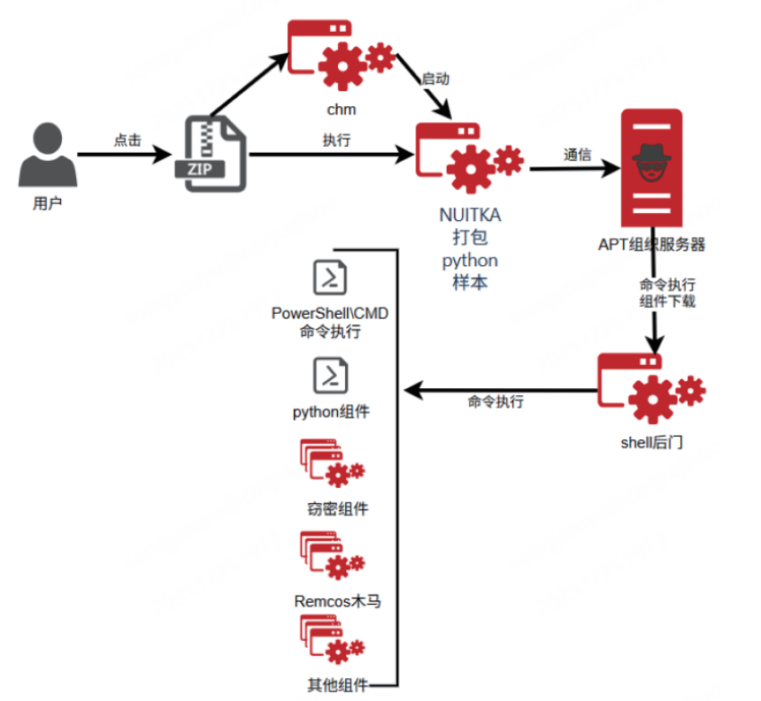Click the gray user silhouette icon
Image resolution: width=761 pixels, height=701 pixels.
[x=48, y=154]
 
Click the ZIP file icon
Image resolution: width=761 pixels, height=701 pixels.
[x=211, y=154]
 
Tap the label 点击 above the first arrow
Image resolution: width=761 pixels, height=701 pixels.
[x=127, y=140]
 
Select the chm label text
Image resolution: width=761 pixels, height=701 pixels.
[x=342, y=110]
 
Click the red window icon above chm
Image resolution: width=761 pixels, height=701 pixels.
[x=342, y=54]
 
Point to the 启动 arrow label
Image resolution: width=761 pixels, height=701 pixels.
[x=435, y=79]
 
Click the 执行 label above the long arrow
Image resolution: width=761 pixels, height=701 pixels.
[x=336, y=140]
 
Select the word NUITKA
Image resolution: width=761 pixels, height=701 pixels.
[x=470, y=215]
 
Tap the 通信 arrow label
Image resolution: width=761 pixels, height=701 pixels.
[x=578, y=155]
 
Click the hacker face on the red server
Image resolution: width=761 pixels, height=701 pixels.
[x=651, y=163]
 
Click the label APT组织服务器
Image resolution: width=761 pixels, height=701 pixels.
[x=651, y=244]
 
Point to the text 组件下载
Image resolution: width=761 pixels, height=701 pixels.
[x=667, y=301]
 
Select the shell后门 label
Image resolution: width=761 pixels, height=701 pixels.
[x=651, y=442]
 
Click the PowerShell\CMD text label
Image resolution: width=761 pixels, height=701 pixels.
[x=330, y=313]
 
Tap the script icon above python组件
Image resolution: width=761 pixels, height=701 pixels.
[x=331, y=375]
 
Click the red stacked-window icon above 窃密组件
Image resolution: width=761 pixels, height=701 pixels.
[x=332, y=462]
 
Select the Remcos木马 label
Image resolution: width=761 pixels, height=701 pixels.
[x=337, y=601]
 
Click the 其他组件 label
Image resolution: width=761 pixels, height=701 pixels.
[x=337, y=685]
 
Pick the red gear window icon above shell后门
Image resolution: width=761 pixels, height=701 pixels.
[x=651, y=388]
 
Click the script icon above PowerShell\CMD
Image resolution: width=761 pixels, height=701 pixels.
[x=330, y=278]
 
